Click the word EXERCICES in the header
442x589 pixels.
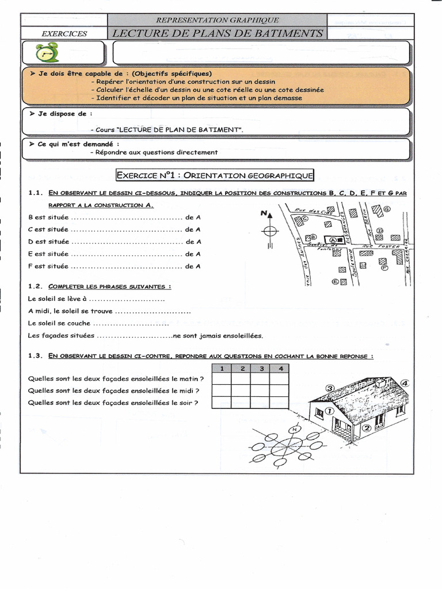[64, 33]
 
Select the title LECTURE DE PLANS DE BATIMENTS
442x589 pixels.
[217, 33]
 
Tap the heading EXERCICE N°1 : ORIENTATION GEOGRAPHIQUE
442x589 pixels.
[215, 174]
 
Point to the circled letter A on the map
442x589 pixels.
[333, 239]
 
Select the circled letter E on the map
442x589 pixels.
[335, 282]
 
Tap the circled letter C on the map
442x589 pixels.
[305, 219]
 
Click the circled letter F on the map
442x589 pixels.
[384, 267]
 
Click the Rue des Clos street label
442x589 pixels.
[314, 211]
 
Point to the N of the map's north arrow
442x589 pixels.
[264, 213]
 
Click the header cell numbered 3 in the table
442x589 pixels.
[261, 369]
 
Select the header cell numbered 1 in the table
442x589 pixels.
[222, 369]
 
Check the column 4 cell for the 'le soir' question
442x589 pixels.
[280, 403]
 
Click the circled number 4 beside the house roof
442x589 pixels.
[405, 383]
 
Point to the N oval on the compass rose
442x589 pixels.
[295, 430]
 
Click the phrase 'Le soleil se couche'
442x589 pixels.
[59, 323]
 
